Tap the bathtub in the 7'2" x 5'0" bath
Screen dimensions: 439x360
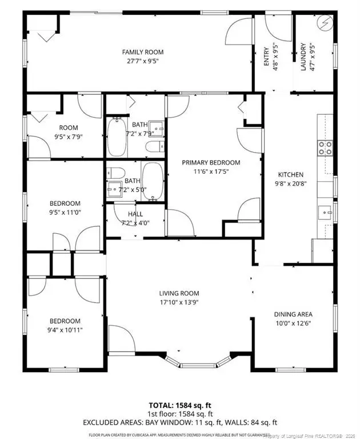click(152, 181)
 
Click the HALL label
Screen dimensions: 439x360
click(136, 214)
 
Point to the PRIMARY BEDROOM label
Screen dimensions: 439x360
click(211, 162)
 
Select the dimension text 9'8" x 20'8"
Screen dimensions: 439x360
click(290, 184)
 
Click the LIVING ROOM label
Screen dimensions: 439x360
click(179, 293)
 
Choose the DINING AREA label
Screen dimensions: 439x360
click(293, 314)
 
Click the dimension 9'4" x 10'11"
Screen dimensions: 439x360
click(64, 330)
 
